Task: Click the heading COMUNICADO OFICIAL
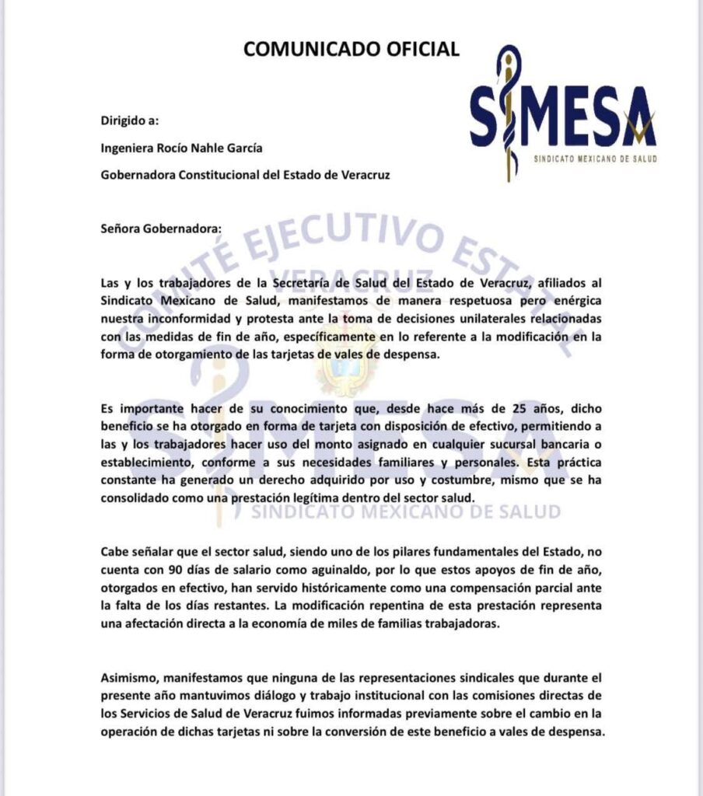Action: click(x=351, y=49)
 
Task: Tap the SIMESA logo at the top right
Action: click(x=563, y=113)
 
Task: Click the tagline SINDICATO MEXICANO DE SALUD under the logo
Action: click(x=595, y=158)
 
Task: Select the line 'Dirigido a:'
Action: click(x=130, y=120)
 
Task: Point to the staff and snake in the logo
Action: click(x=509, y=113)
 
